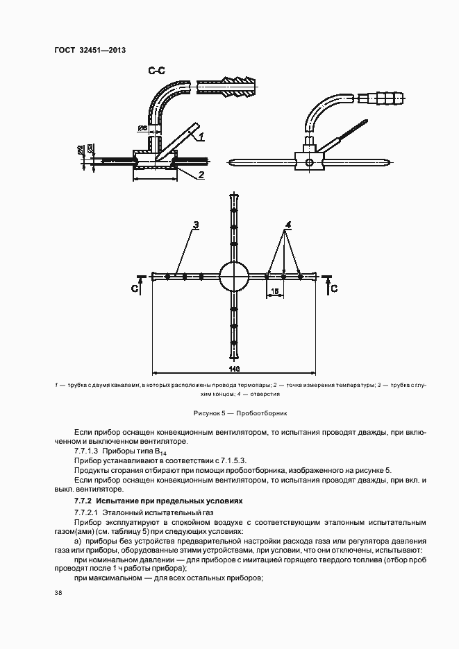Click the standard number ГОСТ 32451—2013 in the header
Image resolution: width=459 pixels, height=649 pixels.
(x=89, y=50)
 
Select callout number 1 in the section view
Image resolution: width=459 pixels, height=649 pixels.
(x=200, y=137)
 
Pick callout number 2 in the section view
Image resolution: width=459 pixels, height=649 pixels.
(x=200, y=175)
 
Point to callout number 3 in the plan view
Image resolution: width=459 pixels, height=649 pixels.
(x=197, y=225)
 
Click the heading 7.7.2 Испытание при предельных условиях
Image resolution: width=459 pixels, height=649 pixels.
(x=159, y=500)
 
